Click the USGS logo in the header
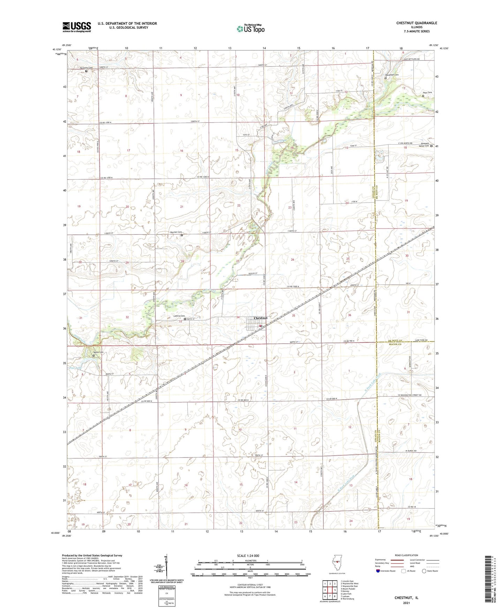coord(76,27)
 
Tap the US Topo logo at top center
coord(250,29)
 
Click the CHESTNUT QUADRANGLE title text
coord(416,23)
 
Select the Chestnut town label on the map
coord(261,318)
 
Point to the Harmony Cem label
coord(86,68)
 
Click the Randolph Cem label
coord(391,75)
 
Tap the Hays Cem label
coord(427,93)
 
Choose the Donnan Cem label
coord(176,232)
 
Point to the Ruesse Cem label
coord(98,352)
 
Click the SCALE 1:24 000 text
coord(248,555)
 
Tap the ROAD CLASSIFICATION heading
coord(407,555)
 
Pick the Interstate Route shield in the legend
coord(378,571)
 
